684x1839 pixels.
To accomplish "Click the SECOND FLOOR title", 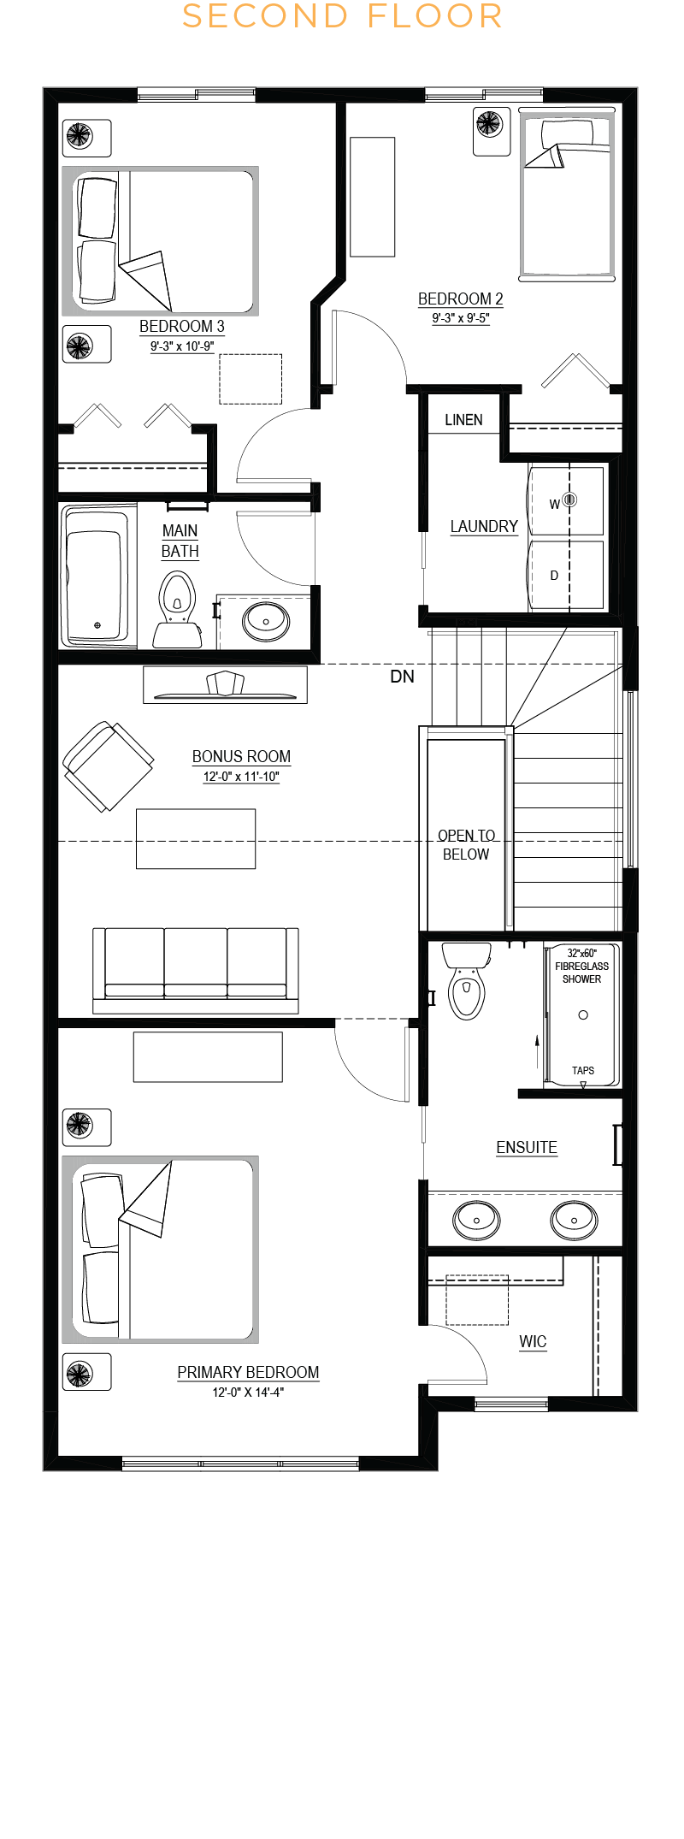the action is [x=342, y=16].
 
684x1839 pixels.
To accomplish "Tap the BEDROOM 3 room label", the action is [x=182, y=326].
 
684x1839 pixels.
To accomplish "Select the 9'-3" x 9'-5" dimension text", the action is [x=461, y=318].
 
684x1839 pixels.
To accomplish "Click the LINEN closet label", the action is [x=463, y=420].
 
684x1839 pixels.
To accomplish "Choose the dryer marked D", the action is [x=566, y=574].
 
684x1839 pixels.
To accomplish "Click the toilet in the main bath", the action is [x=177, y=609].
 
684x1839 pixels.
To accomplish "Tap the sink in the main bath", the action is [x=266, y=621].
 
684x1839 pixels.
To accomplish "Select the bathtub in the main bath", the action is [x=97, y=575].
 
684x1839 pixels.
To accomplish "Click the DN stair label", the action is [x=402, y=677].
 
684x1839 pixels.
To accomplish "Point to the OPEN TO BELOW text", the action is [x=466, y=845].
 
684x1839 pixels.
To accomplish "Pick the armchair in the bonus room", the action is [x=109, y=766].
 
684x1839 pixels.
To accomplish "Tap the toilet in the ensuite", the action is [x=466, y=980].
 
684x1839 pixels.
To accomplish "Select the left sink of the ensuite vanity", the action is [x=476, y=1220].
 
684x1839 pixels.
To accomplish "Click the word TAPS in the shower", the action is [x=583, y=1070].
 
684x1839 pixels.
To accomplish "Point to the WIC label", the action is [x=533, y=1341].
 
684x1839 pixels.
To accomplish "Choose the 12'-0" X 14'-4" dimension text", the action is [x=248, y=1393].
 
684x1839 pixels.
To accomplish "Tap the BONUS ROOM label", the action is [x=241, y=756].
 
